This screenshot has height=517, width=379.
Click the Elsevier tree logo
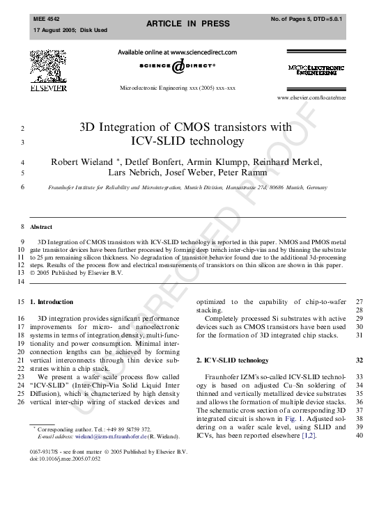48,70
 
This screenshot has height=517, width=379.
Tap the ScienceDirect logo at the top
178,65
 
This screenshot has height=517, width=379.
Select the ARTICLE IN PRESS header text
187,24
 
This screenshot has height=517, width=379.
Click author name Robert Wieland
83,162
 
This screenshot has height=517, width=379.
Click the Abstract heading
41,227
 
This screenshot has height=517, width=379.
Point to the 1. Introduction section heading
52,301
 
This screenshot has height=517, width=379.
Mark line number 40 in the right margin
359,436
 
